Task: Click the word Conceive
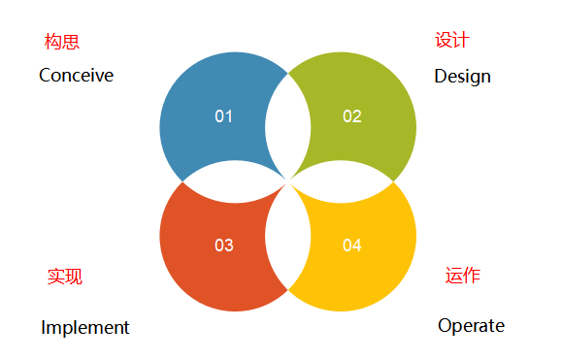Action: click(76, 75)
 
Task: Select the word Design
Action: click(462, 76)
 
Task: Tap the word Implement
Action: click(85, 327)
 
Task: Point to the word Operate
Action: click(471, 325)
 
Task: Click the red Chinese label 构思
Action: click(62, 42)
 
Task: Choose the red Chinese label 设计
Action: click(451, 40)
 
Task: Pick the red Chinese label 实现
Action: click(65, 277)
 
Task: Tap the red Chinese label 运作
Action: click(463, 276)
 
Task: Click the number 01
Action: click(224, 116)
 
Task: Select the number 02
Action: click(352, 116)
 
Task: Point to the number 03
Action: click(224, 245)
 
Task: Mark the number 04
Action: click(352, 245)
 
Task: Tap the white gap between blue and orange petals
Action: click(233, 180)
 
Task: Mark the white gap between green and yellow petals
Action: click(345, 180)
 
